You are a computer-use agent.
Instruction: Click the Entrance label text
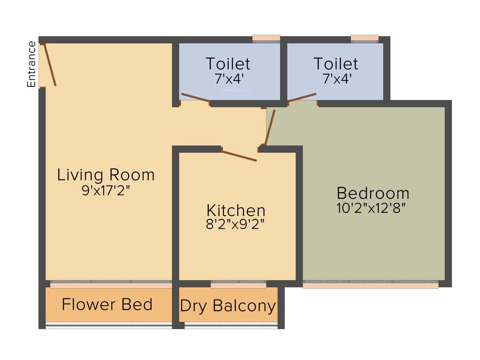click(32, 64)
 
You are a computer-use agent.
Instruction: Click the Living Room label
click(106, 175)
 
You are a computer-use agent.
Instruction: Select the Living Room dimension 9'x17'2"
click(105, 190)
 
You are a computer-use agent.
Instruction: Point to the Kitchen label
click(236, 210)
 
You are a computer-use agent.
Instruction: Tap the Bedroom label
click(373, 193)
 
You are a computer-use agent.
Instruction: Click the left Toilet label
click(228, 63)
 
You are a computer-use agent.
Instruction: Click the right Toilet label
click(336, 63)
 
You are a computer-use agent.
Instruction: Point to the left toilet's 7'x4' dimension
click(228, 78)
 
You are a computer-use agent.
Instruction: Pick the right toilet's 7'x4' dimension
click(336, 78)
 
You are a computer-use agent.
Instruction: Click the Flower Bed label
click(107, 305)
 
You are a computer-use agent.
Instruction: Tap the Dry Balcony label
click(228, 306)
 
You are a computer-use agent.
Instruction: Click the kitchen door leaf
click(239, 156)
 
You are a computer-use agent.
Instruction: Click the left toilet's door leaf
click(195, 97)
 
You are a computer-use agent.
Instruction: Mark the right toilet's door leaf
click(302, 97)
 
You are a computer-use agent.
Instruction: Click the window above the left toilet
click(266, 38)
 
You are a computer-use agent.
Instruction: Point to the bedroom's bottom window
click(370, 285)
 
